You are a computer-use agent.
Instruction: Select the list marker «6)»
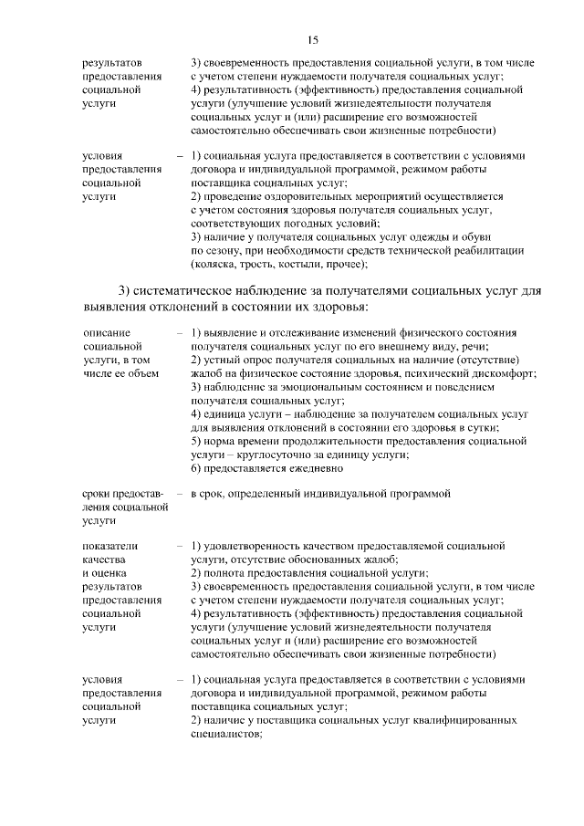pos(197,469)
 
